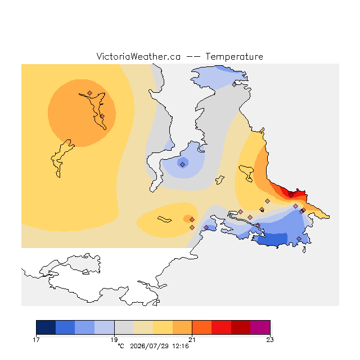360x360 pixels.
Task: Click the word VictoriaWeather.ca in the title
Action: [x=138, y=56]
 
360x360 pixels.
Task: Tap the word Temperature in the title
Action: [x=234, y=57]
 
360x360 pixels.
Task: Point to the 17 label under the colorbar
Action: [x=36, y=340]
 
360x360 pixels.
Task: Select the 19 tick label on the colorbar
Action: [x=114, y=340]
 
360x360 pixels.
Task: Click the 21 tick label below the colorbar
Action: [x=192, y=340]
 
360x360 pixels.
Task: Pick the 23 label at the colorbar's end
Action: [x=270, y=340]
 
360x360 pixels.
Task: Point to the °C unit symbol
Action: [x=121, y=346]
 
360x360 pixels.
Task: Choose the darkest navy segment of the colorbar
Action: [x=46, y=327]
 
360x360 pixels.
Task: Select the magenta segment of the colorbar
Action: [x=260, y=327]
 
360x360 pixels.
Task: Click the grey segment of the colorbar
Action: [x=124, y=327]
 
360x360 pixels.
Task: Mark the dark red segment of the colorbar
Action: [x=241, y=327]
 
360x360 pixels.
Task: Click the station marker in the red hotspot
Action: [x=291, y=195]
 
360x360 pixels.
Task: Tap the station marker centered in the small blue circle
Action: [x=182, y=164]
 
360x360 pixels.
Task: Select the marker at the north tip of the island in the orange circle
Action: [x=90, y=93]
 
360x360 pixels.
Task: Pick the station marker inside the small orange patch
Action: [x=192, y=220]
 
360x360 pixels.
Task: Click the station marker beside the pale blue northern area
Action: [x=234, y=85]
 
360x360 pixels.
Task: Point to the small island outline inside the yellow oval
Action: [x=164, y=219]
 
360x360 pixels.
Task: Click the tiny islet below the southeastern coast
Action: [x=304, y=250]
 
